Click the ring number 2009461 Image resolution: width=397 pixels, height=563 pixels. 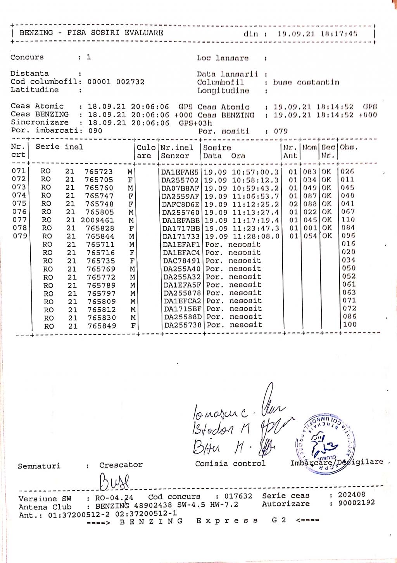tap(97, 220)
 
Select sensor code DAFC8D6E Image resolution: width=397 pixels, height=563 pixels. tap(181, 204)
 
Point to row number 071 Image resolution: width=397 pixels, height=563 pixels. tap(19, 171)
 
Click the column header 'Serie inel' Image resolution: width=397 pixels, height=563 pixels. tap(59, 147)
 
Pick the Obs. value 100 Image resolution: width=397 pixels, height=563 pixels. tap(350, 324)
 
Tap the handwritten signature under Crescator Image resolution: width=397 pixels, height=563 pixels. tap(114, 482)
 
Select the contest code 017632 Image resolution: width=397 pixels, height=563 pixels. tap(238, 496)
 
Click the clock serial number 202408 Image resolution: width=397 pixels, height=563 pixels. tap(351, 495)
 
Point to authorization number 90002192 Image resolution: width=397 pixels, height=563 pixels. tap(356, 503)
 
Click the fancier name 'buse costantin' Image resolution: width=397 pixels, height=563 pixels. tap(306, 82)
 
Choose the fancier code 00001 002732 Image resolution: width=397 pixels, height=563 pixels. tap(116, 82)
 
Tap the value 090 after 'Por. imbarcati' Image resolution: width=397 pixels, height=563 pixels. tap(95, 131)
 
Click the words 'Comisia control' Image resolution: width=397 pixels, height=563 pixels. tap(230, 464)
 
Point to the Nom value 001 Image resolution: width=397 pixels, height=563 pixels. tap(310, 228)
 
